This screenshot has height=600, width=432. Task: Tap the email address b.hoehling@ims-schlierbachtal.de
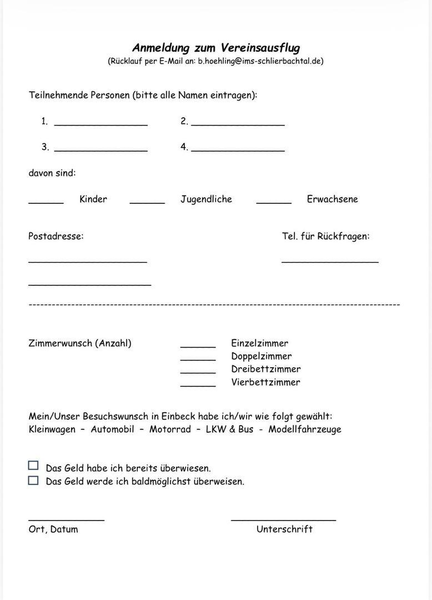260,61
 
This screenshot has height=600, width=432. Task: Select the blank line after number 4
238,149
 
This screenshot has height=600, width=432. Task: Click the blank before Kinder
46,202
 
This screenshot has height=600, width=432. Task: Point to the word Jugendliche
206,199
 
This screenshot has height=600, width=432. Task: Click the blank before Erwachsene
274,202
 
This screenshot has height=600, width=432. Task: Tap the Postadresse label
56,236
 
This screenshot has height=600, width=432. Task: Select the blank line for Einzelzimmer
198,346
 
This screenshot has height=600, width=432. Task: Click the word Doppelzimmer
261,356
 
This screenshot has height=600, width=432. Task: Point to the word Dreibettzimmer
265,369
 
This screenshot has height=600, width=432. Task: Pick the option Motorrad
170,429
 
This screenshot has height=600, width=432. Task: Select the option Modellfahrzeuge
305,429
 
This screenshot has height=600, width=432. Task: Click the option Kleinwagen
52,429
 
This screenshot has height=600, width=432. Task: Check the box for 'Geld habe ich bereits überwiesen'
33,466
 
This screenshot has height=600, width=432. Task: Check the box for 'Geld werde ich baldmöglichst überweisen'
33,480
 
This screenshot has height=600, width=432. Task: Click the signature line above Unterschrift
283,519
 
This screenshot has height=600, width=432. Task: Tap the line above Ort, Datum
66,519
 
